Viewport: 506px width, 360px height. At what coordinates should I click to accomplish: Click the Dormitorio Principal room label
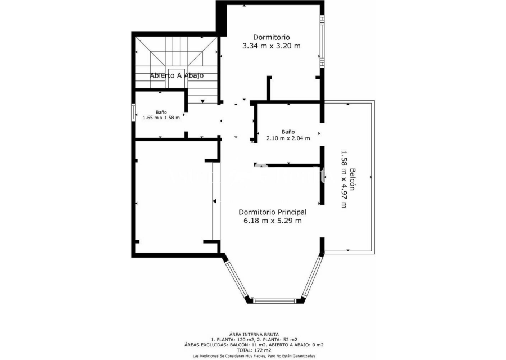pos(272,212)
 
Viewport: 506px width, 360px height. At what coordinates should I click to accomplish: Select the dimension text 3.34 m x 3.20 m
pos(272,46)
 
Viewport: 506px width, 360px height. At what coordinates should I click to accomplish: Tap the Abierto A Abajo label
pos(177,75)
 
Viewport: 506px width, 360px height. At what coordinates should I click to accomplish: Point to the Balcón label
pos(353,179)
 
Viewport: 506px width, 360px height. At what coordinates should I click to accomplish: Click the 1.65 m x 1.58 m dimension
pos(161,118)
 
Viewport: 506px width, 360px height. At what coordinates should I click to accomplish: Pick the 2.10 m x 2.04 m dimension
pos(288,138)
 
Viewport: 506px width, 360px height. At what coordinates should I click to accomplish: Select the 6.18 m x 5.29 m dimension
pos(273,221)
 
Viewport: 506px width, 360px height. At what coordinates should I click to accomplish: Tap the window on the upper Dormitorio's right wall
pos(322,40)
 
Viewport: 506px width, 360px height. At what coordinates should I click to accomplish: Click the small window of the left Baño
pos(133,112)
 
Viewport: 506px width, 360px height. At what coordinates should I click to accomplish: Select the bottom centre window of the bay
pos(274,300)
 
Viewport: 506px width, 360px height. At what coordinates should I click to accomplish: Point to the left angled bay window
pos(237,280)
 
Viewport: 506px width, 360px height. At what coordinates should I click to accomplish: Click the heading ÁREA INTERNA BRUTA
pos(254,335)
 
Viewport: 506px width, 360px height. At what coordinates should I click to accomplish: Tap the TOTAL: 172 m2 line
pos(254,350)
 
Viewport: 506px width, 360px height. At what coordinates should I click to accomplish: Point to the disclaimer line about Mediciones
pos(254,356)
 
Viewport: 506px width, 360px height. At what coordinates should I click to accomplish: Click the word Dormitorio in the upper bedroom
pos(272,38)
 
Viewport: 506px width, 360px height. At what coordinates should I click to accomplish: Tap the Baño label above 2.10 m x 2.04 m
pos(288,132)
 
